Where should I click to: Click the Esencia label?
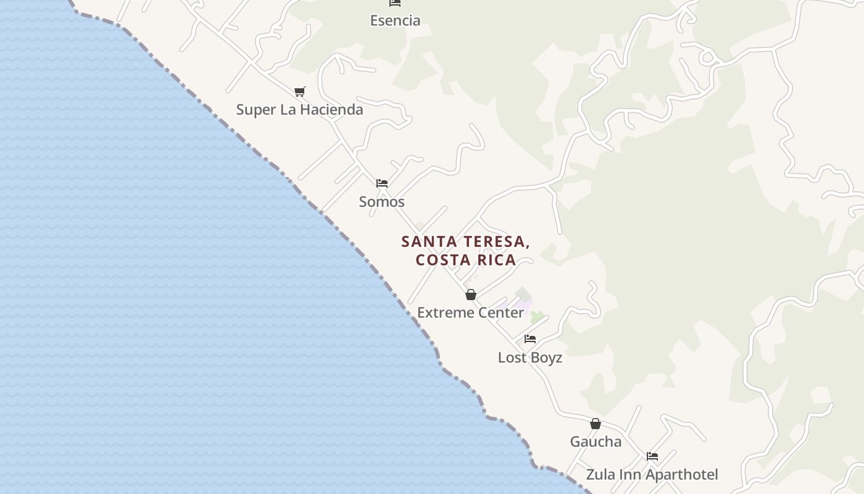click(x=395, y=20)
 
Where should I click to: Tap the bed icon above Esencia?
click(x=395, y=2)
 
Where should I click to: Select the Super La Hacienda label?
click(x=299, y=110)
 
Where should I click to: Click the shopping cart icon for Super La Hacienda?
click(x=299, y=92)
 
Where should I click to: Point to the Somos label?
click(x=381, y=202)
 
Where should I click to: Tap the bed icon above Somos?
click(x=382, y=183)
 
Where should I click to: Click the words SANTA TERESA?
click(x=465, y=241)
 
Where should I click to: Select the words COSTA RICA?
click(x=465, y=260)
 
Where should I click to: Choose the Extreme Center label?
click(x=470, y=313)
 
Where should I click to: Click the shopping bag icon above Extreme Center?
click(x=471, y=295)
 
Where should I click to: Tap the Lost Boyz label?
click(x=530, y=358)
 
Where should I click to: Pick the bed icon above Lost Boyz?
click(x=530, y=339)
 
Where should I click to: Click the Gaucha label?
click(x=595, y=442)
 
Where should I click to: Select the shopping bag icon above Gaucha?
click(x=596, y=424)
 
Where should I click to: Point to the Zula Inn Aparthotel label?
click(x=652, y=475)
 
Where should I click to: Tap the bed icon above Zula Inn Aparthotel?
click(x=652, y=456)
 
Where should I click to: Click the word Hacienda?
click(x=331, y=110)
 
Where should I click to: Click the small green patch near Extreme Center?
click(x=537, y=317)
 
